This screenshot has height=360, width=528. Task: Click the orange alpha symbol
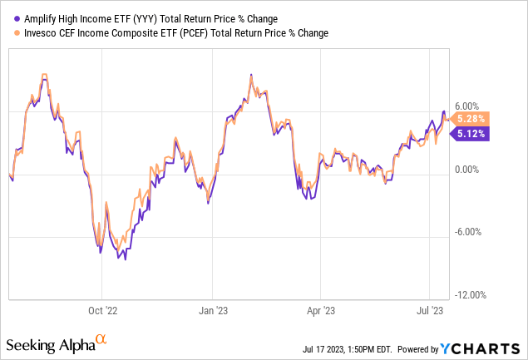[101, 339]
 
